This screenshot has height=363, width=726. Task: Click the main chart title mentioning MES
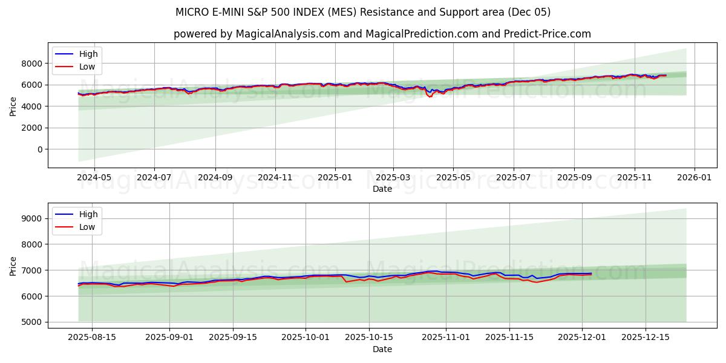pos(363,12)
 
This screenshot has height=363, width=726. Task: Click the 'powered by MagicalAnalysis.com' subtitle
pos(382,34)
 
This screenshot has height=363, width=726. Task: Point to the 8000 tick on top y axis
pos(32,64)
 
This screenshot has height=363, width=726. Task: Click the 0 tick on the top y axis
pos(40,149)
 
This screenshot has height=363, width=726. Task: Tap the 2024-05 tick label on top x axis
pos(94,178)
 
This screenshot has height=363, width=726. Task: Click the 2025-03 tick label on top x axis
pos(393,178)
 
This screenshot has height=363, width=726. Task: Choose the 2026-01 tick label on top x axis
pos(694,178)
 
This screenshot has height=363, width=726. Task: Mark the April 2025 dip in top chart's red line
pos(430,97)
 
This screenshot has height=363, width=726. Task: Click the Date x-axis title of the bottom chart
pos(382,349)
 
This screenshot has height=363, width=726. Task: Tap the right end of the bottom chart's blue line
pos(591,273)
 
